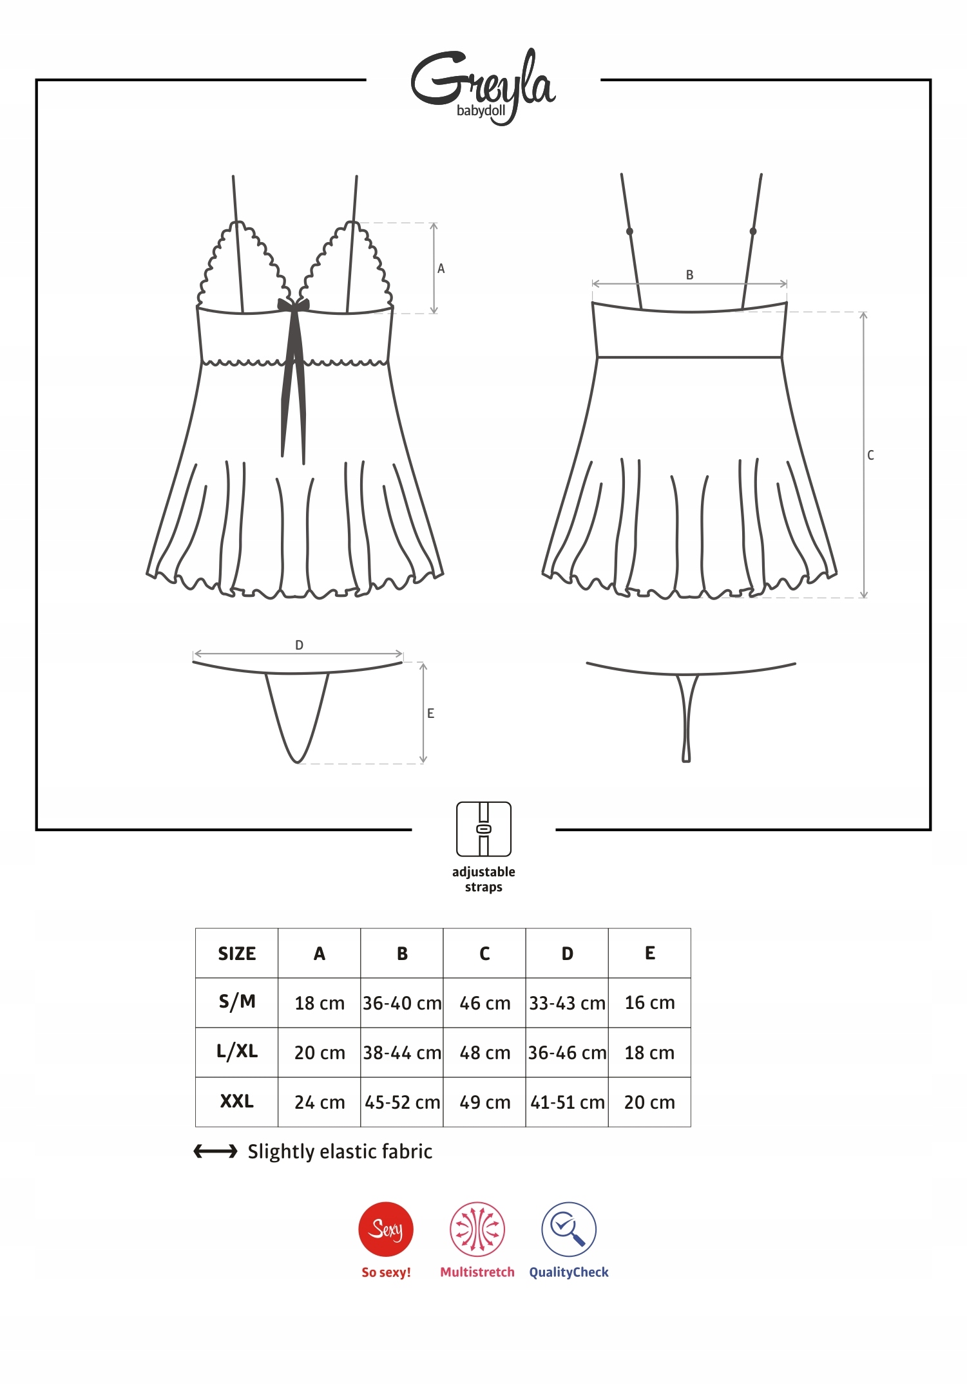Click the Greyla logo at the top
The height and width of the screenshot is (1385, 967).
click(483, 86)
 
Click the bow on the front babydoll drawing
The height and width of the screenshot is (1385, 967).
click(293, 305)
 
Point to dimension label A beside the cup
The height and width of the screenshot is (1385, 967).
click(441, 269)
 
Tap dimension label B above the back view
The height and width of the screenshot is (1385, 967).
click(689, 275)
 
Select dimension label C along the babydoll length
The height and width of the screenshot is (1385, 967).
click(870, 455)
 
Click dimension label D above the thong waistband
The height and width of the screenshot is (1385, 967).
click(299, 645)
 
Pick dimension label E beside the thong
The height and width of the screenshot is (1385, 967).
click(430, 713)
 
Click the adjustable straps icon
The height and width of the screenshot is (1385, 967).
click(484, 829)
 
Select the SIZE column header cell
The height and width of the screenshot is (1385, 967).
click(236, 954)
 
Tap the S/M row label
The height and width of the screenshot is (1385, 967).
click(236, 1002)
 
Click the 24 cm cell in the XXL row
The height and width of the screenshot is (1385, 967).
click(320, 1102)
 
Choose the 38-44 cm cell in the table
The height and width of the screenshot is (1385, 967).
click(402, 1053)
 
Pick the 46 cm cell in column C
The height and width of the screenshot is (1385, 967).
click(484, 1003)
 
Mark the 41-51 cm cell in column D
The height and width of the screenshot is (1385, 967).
click(567, 1102)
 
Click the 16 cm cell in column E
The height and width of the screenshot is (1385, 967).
click(649, 1003)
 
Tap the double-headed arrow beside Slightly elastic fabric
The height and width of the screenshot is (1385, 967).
click(216, 1151)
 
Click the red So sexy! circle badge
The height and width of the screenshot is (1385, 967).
click(386, 1229)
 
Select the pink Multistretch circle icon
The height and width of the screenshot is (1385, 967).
click(477, 1229)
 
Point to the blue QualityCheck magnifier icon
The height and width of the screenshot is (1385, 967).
click(569, 1229)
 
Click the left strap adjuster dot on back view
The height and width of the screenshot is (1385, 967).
click(629, 231)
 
